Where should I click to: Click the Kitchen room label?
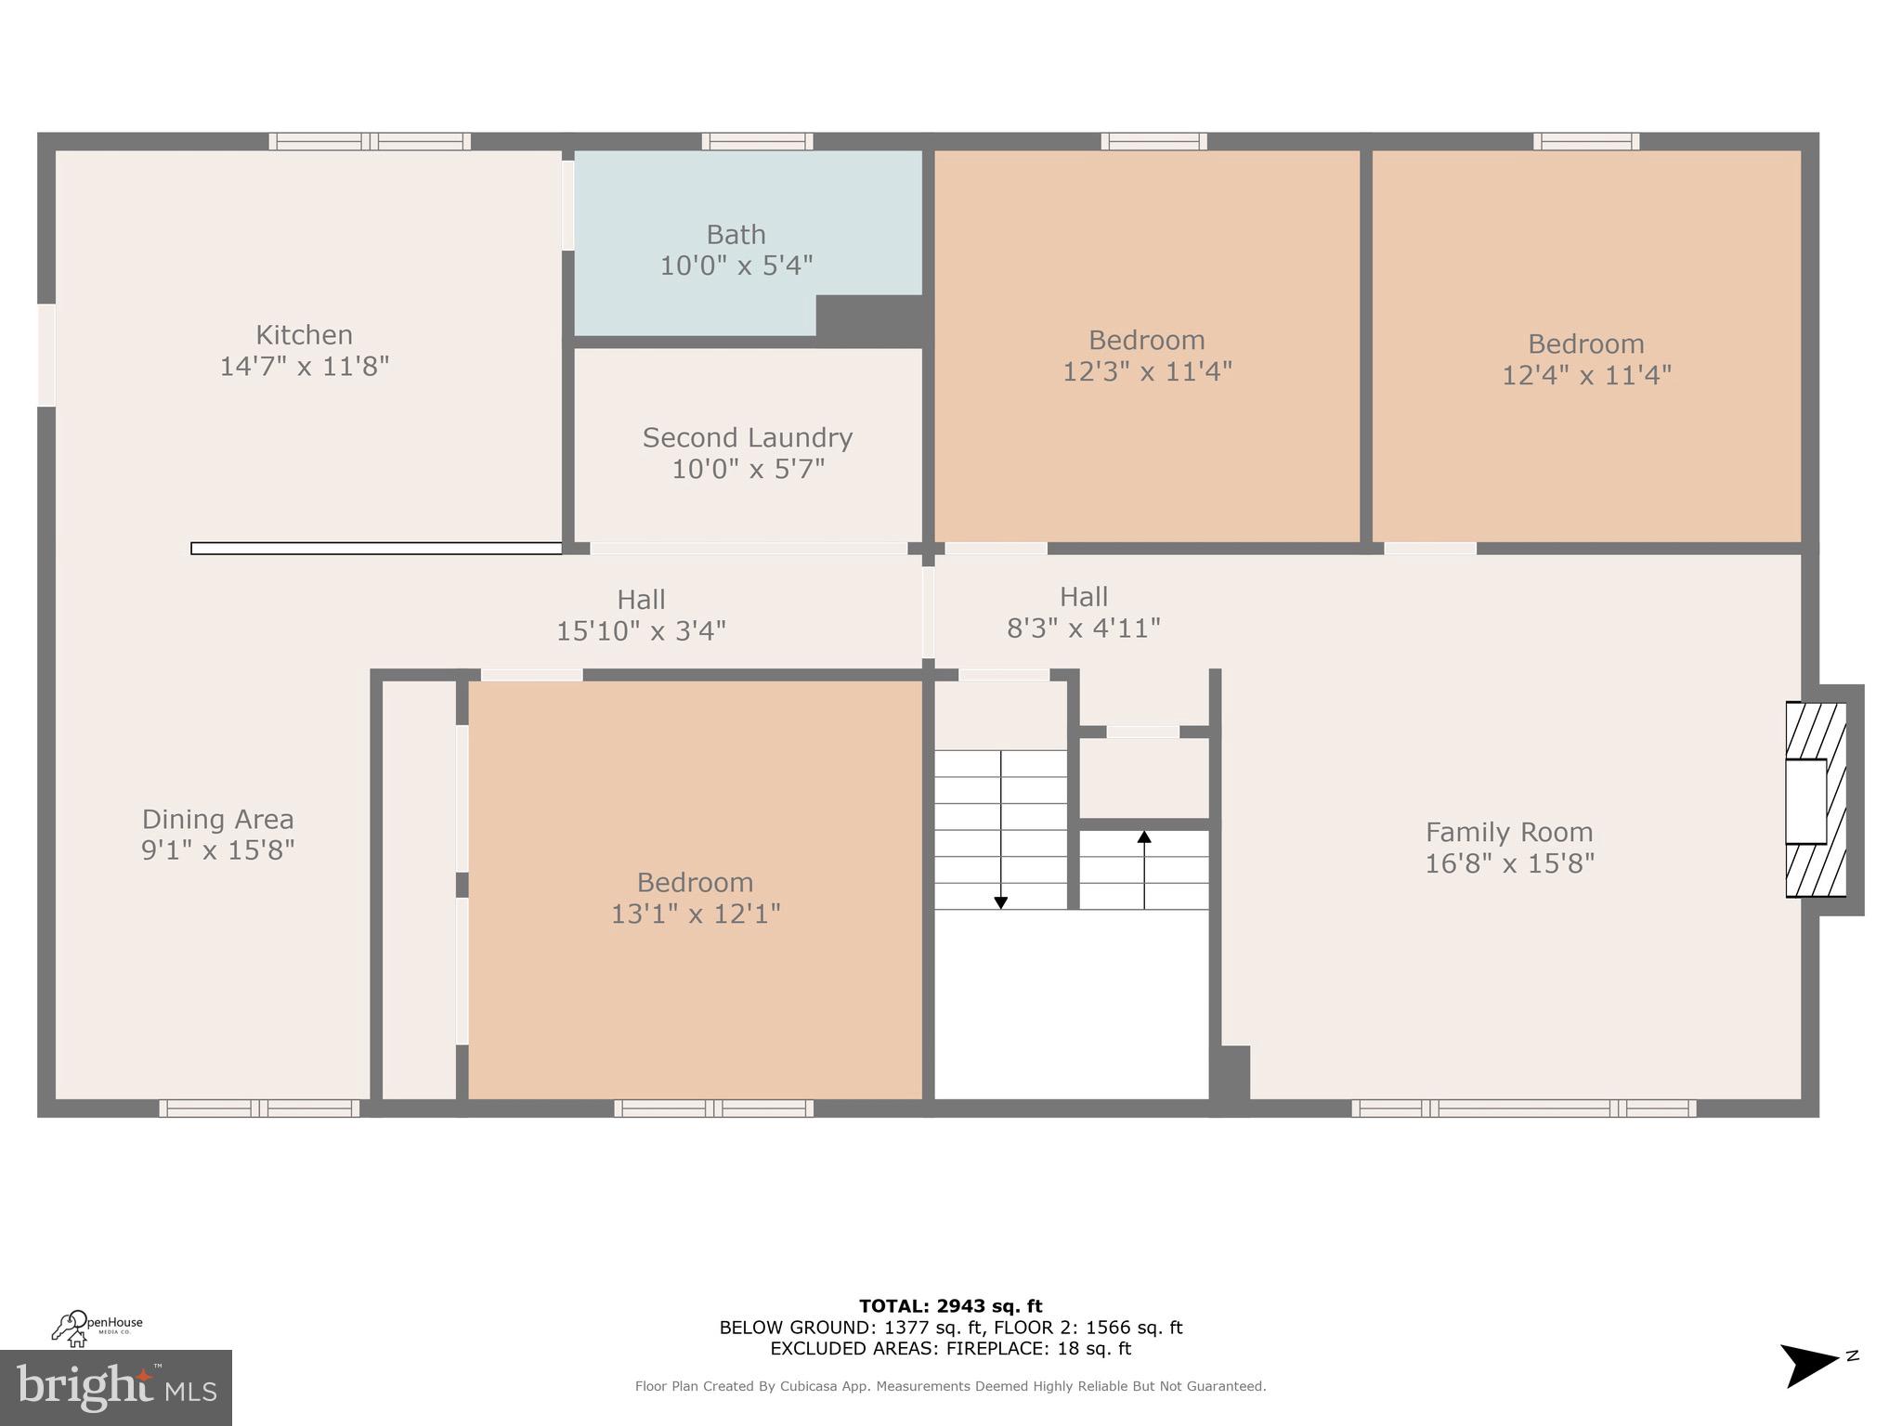pyautogui.click(x=304, y=335)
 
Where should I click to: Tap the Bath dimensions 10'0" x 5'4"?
pyautogui.click(x=736, y=266)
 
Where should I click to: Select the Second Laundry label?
pyautogui.click(x=748, y=438)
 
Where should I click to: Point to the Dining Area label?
pyautogui.click(x=217, y=820)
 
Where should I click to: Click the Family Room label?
pyautogui.click(x=1509, y=833)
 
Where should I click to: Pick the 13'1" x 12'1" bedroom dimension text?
pyautogui.click(x=696, y=914)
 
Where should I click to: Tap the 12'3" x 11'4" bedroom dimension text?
pyautogui.click(x=1147, y=371)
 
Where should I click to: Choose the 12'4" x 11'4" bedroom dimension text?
pyautogui.click(x=1586, y=375)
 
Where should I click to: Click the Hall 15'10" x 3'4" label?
pyautogui.click(x=641, y=615)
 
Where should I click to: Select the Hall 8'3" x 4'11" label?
pyautogui.click(x=1084, y=612)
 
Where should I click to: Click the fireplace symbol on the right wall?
pyautogui.click(x=1816, y=799)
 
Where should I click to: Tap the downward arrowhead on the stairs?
pyautogui.click(x=1000, y=901)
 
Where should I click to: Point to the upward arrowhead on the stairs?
pyautogui.click(x=1144, y=836)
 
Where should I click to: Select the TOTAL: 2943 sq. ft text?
pyautogui.click(x=951, y=1306)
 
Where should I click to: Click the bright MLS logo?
pyautogui.click(x=116, y=1388)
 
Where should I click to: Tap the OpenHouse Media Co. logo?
pyautogui.click(x=97, y=1328)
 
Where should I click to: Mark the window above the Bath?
pyautogui.click(x=757, y=141)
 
